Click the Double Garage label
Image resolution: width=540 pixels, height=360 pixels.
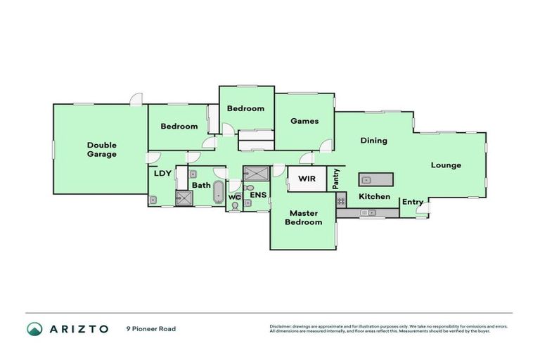tap(102, 150)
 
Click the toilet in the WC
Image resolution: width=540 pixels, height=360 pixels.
tap(234, 205)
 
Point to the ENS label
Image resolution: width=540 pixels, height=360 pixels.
tap(258, 195)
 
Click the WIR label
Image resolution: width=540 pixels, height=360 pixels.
tap(307, 179)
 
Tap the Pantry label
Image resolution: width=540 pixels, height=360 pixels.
tap(336, 178)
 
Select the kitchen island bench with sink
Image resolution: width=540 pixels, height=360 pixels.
tap(374, 179)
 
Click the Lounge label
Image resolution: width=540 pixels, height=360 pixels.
tap(446, 165)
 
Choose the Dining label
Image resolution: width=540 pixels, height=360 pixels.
tap(373, 141)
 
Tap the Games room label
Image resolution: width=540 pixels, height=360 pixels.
tap(304, 121)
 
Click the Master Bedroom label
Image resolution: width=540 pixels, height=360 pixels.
tap(304, 218)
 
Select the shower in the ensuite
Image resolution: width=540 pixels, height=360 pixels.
tap(256, 172)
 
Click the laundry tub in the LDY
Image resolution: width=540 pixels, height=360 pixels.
tap(153, 200)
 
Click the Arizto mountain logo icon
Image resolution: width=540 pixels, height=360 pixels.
tap(34, 328)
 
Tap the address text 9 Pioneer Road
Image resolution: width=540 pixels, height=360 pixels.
tap(150, 328)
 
